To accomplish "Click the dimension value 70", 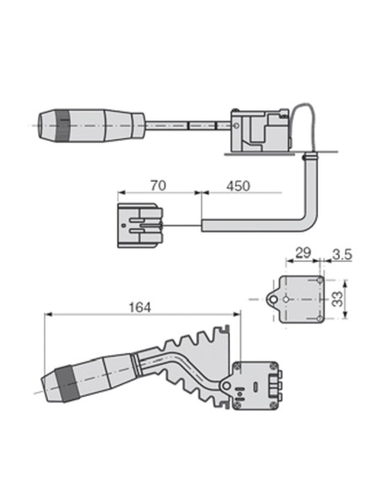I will (x=157, y=186).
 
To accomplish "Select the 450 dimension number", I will (x=239, y=186).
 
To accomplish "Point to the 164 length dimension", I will (x=141, y=307).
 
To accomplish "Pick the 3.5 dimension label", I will (x=342, y=253).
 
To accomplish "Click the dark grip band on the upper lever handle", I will (x=63, y=126).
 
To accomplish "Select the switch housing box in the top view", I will (x=261, y=130).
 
